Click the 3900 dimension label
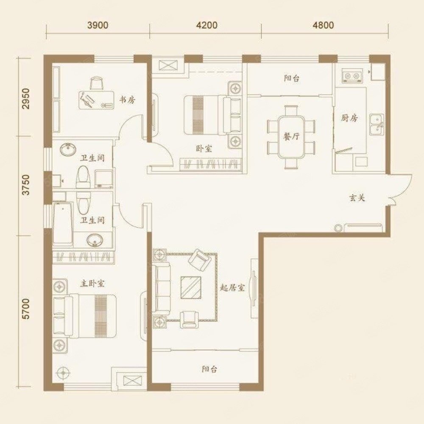click(98, 25)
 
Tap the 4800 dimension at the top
click(323, 25)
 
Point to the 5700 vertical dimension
click(26, 309)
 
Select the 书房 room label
click(127, 100)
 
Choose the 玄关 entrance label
click(357, 198)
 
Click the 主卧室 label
click(92, 283)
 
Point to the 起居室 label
click(232, 288)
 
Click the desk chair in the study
click(96, 83)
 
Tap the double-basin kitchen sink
click(377, 125)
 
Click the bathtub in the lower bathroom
click(63, 224)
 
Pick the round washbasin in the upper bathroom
click(68, 149)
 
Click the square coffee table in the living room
click(191, 287)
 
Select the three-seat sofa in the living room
click(161, 290)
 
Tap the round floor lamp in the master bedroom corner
click(63, 373)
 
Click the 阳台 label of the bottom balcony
click(209, 369)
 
